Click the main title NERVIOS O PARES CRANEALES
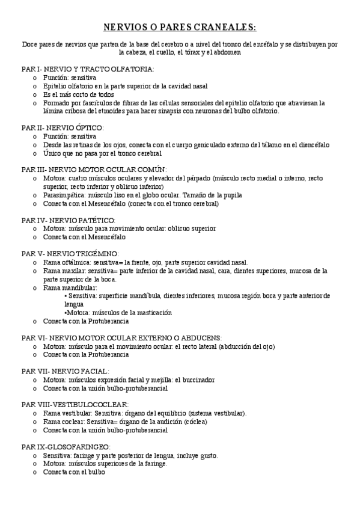[180, 27]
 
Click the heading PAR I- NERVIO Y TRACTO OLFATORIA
[88, 69]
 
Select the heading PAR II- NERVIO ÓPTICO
[63, 127]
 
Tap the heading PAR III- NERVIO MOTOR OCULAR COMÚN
[94, 170]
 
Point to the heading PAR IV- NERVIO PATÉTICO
[68, 220]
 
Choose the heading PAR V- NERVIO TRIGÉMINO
[70, 254]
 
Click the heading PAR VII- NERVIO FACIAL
[65, 371]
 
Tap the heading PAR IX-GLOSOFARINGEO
[66, 447]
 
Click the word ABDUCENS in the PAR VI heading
[203, 338]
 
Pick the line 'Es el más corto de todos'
[78, 94]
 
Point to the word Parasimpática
[63, 195]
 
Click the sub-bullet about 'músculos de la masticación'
[118, 313]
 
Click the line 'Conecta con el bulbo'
[73, 472]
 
